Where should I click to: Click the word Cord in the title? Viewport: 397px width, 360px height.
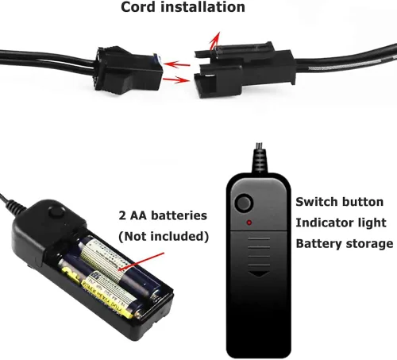(137, 7)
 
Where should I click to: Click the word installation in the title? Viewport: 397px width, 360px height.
(202, 7)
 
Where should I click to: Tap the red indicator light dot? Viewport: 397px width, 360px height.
(249, 223)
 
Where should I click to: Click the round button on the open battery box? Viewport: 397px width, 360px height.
(57, 212)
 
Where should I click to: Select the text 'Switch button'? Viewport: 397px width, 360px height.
(340, 202)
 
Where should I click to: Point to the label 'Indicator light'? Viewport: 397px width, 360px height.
(341, 223)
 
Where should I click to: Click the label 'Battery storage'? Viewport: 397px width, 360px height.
(345, 243)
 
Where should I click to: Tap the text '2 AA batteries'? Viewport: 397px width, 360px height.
(163, 215)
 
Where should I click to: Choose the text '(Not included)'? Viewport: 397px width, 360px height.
(164, 236)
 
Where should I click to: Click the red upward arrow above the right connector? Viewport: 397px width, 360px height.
(215, 41)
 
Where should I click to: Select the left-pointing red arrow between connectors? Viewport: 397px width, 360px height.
(176, 64)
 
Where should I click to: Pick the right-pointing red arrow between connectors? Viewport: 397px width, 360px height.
(176, 79)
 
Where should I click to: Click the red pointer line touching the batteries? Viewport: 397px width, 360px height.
(141, 261)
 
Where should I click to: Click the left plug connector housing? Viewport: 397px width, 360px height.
(129, 69)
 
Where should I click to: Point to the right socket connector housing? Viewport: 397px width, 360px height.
(245, 69)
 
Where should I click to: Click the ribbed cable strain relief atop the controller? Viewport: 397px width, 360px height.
(259, 159)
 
